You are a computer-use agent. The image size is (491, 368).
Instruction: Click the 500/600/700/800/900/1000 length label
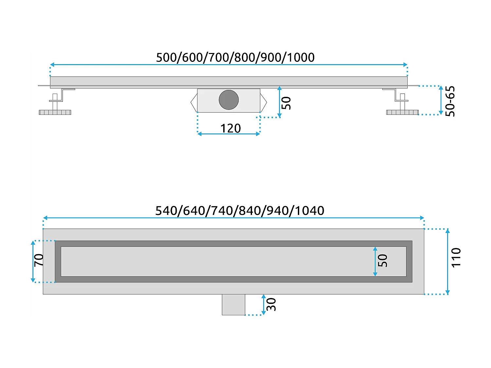click(235, 57)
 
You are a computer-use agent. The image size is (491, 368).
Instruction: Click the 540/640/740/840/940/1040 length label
click(240, 210)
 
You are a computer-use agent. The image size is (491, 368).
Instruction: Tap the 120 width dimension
click(230, 128)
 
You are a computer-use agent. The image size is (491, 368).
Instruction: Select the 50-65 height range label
click(450, 101)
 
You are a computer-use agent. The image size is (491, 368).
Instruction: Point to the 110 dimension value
click(456, 258)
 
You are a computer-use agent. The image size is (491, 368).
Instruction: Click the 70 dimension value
click(39, 260)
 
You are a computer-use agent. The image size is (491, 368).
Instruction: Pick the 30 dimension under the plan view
click(271, 305)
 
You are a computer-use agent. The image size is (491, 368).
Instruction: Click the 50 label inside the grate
click(383, 261)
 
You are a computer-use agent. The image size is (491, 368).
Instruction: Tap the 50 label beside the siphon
click(286, 103)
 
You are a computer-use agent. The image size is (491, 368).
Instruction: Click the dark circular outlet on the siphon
click(228, 100)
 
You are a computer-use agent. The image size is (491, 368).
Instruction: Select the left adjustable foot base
click(55, 112)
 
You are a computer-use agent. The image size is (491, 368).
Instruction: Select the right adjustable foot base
click(402, 112)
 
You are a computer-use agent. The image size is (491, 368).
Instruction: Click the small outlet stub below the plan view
click(233, 305)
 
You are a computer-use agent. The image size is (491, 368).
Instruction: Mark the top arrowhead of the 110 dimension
click(447, 231)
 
